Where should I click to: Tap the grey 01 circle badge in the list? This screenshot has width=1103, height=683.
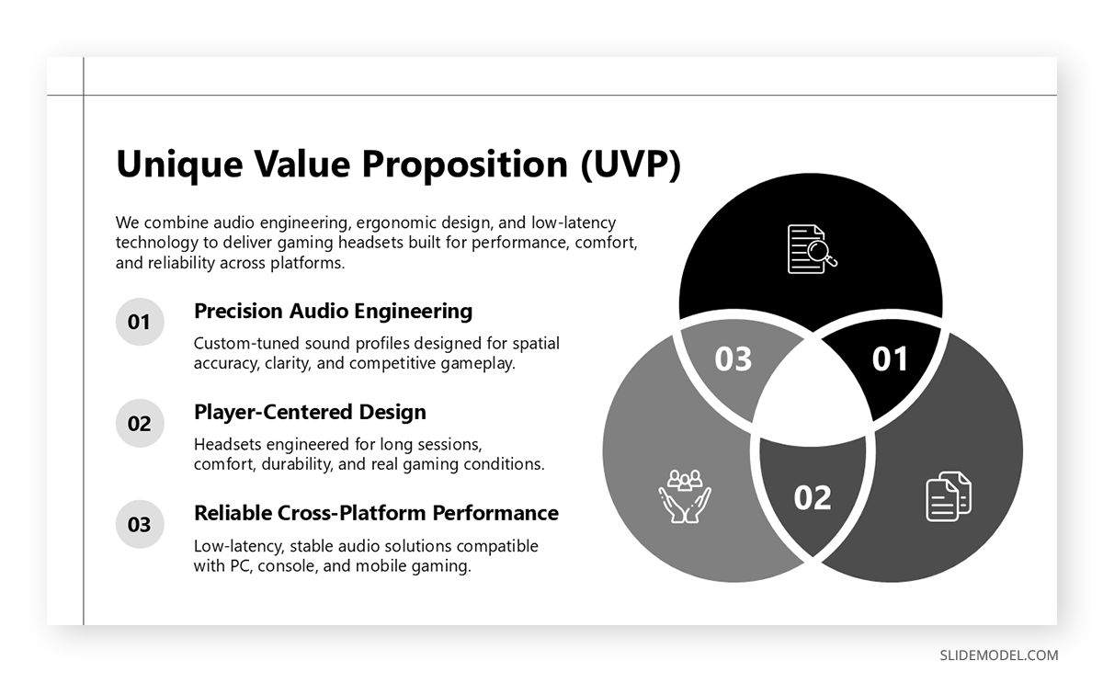coord(139,322)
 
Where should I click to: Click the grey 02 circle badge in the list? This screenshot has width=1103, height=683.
coord(139,424)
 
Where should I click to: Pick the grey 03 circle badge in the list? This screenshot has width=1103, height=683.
coord(139,525)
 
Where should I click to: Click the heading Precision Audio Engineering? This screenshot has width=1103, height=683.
coord(333,311)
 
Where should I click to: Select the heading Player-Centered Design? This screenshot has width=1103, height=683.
coord(310,412)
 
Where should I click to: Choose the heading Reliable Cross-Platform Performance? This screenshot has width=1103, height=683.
coord(376,512)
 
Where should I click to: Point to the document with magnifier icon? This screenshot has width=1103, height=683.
coord(812,248)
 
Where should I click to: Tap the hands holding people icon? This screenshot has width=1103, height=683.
coord(684,496)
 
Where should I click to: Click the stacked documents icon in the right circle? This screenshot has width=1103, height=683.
coord(948,496)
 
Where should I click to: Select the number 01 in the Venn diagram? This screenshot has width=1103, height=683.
coord(889,359)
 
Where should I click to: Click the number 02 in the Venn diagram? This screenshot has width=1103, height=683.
coord(813,497)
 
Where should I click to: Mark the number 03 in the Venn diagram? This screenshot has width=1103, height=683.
coord(733,359)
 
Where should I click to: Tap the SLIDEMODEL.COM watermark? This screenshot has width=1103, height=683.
coord(998,655)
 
